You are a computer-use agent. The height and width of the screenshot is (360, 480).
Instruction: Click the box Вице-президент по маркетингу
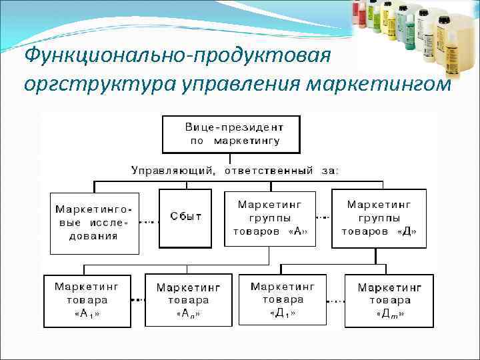[230, 134]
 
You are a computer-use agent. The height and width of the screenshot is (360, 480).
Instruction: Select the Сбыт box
[185, 217]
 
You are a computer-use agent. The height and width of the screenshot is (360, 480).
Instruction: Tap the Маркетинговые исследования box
[95, 221]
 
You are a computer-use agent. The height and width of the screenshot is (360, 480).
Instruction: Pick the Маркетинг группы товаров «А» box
[270, 217]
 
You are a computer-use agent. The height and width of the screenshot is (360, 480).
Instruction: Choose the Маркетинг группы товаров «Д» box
[379, 217]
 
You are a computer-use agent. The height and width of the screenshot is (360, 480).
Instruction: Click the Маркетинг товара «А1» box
[87, 300]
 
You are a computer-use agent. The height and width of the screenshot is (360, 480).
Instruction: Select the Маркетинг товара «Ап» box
[188, 300]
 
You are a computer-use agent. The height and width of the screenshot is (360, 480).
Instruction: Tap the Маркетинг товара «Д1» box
[283, 300]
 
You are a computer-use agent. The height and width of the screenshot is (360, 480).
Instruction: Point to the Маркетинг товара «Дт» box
[389, 300]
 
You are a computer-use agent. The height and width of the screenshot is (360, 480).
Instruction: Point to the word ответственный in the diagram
[268, 171]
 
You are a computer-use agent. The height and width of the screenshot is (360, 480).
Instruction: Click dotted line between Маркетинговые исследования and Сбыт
[149, 221]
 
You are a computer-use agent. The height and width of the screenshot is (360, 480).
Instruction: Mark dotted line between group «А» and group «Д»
[323, 217]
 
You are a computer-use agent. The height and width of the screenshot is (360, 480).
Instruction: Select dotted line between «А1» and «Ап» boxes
[137, 300]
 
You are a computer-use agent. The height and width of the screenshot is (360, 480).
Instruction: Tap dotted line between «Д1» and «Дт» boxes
[335, 300]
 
